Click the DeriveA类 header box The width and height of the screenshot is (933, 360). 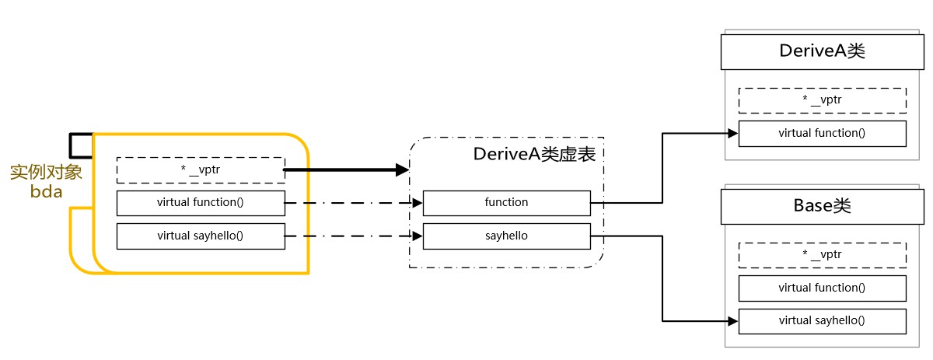point(822,51)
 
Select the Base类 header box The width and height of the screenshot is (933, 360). point(822,206)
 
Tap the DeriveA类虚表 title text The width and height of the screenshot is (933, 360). point(534,154)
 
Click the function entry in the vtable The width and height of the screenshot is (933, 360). point(506,203)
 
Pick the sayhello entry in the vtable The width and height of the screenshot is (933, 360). point(506,236)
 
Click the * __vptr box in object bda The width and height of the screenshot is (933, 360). point(200,170)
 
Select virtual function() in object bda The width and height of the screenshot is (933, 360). point(200,203)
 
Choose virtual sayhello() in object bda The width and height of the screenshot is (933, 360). point(200,236)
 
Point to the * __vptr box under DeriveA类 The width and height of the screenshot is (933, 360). point(822,100)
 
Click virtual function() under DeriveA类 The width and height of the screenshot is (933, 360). point(822,133)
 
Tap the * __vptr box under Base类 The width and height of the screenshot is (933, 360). point(822,255)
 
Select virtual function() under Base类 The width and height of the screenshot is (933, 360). point(822,288)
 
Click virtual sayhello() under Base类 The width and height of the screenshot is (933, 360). point(822,320)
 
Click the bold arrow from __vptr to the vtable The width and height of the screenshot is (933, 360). point(342,170)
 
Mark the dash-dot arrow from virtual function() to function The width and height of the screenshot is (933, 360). point(350,203)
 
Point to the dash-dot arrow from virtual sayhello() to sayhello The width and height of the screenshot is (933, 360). point(350,236)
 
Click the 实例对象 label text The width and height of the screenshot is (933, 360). point(45,172)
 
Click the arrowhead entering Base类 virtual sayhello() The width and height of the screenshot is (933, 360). point(732,320)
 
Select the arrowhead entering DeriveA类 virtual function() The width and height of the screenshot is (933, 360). point(732,133)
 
